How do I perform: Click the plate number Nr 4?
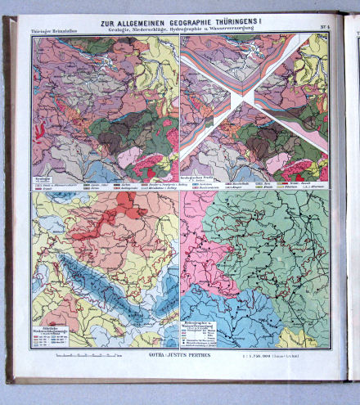click(x=323, y=30)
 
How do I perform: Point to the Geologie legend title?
click(x=43, y=174)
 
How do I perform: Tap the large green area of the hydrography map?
click(x=278, y=245)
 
